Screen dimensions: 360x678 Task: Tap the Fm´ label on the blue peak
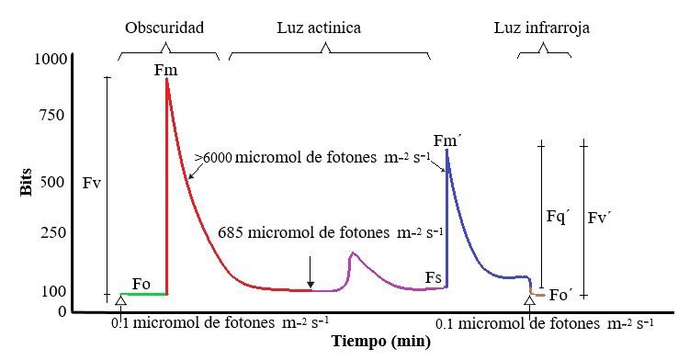447,141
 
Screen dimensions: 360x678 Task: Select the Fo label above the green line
141,283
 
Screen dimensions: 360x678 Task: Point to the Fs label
435,277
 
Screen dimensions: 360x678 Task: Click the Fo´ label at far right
559,295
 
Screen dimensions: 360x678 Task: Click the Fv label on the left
91,183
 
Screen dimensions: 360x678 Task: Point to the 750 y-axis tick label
52,115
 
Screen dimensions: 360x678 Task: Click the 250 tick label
52,233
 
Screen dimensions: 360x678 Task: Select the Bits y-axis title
26,182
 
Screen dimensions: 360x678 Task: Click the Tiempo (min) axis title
381,343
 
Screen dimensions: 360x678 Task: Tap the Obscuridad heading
164,28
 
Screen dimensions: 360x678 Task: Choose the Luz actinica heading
319,28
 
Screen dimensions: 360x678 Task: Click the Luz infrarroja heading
542,28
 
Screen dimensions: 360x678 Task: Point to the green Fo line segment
142,294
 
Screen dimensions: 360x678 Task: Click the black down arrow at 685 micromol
311,273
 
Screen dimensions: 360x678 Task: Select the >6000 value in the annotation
212,157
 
